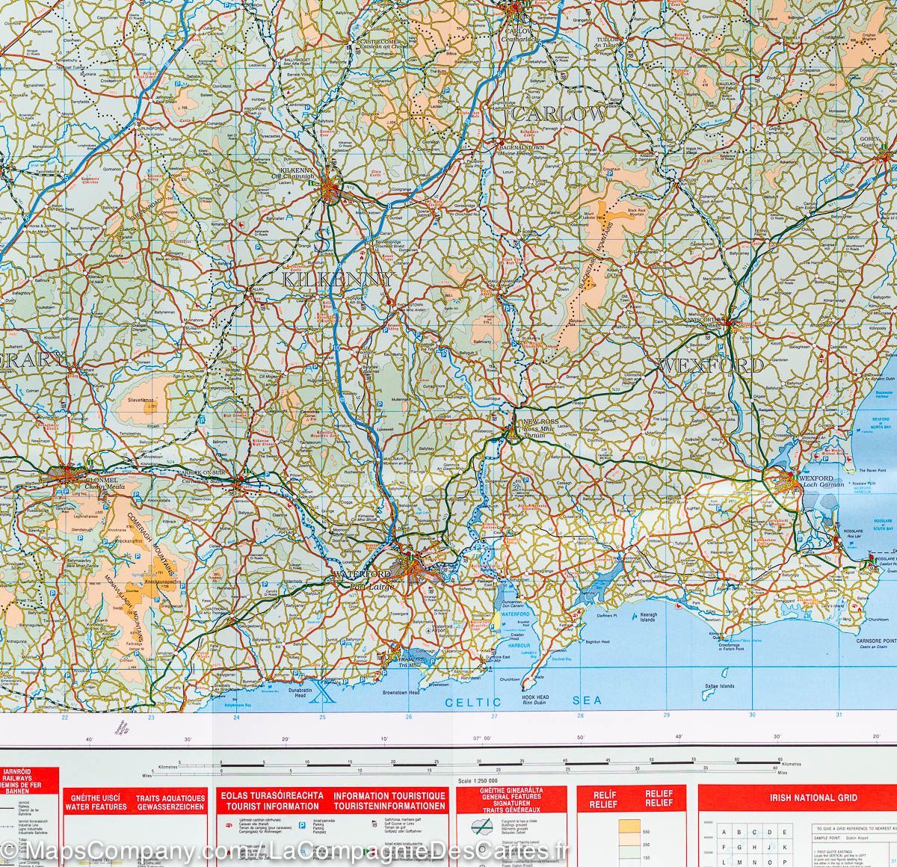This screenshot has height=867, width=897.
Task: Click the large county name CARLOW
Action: [559, 114]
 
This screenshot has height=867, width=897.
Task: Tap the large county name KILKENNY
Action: [338, 280]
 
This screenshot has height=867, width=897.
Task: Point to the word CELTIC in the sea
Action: [473, 702]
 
